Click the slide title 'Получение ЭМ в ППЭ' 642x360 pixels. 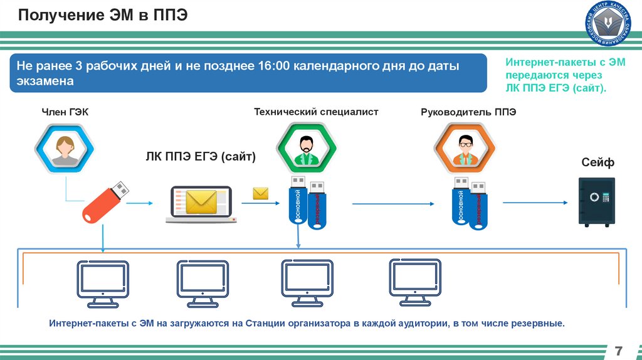pos(103,14)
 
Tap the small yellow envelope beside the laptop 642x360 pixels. pos(261,193)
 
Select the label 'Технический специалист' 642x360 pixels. pos(316,112)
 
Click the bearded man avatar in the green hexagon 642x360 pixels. pos(306,150)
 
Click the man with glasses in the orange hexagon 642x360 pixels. pos(465,150)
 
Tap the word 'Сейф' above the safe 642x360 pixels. pos(597,163)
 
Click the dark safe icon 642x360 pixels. pos(596,201)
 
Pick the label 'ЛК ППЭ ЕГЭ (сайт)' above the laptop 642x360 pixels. pos(201,157)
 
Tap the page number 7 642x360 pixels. pos(619,349)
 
